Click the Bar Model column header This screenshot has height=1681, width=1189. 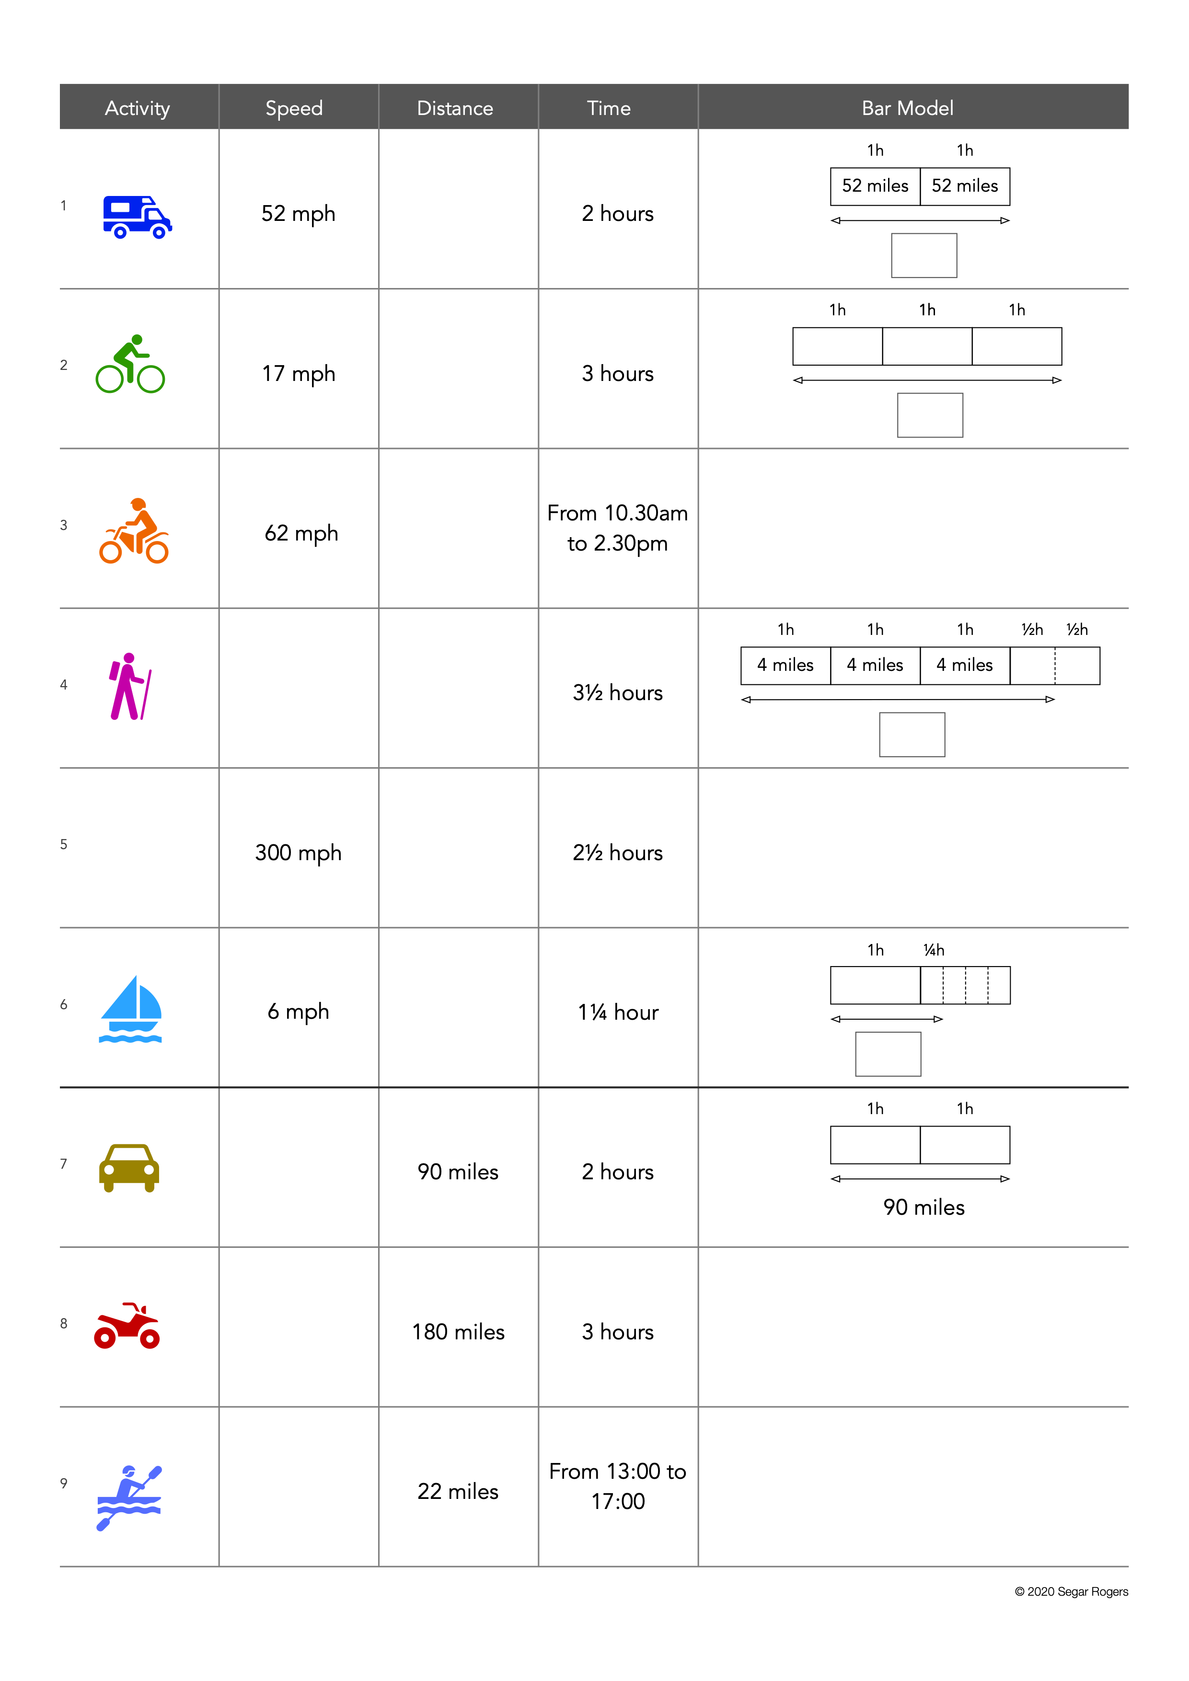(x=907, y=108)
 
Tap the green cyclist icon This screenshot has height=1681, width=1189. (x=130, y=365)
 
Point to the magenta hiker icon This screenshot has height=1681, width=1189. (x=129, y=687)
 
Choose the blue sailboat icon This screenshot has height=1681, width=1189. (x=130, y=1009)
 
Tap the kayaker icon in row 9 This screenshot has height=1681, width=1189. (x=129, y=1497)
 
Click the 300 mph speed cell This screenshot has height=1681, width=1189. (x=298, y=853)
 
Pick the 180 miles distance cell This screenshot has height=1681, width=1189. (x=458, y=1332)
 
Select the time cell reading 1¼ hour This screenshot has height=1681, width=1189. (x=618, y=1013)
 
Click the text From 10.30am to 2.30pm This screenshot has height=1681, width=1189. (x=617, y=528)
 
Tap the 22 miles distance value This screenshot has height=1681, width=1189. (x=458, y=1491)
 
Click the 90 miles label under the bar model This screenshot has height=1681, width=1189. (x=924, y=1207)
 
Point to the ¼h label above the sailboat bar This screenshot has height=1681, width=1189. (x=934, y=950)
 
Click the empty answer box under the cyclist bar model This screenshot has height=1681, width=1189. (x=930, y=415)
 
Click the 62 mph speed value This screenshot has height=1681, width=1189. (x=301, y=533)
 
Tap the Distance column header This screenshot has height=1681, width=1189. (x=455, y=108)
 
